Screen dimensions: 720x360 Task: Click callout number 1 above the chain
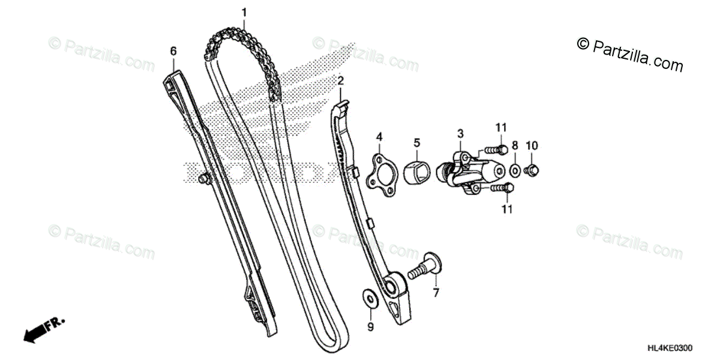(244, 12)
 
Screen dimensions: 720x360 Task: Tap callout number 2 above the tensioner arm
(340, 80)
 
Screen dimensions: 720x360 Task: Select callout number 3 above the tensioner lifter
(460, 132)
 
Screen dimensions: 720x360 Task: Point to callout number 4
(379, 138)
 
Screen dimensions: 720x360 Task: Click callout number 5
(416, 143)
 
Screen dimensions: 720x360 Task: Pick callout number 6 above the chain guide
(173, 51)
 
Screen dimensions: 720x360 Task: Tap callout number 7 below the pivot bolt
(436, 293)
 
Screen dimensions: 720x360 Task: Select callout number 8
(515, 146)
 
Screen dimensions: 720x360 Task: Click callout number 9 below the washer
(370, 326)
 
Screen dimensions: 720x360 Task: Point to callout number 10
(531, 146)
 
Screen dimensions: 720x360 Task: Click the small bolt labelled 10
(532, 170)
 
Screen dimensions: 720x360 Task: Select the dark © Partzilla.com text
(630, 54)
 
